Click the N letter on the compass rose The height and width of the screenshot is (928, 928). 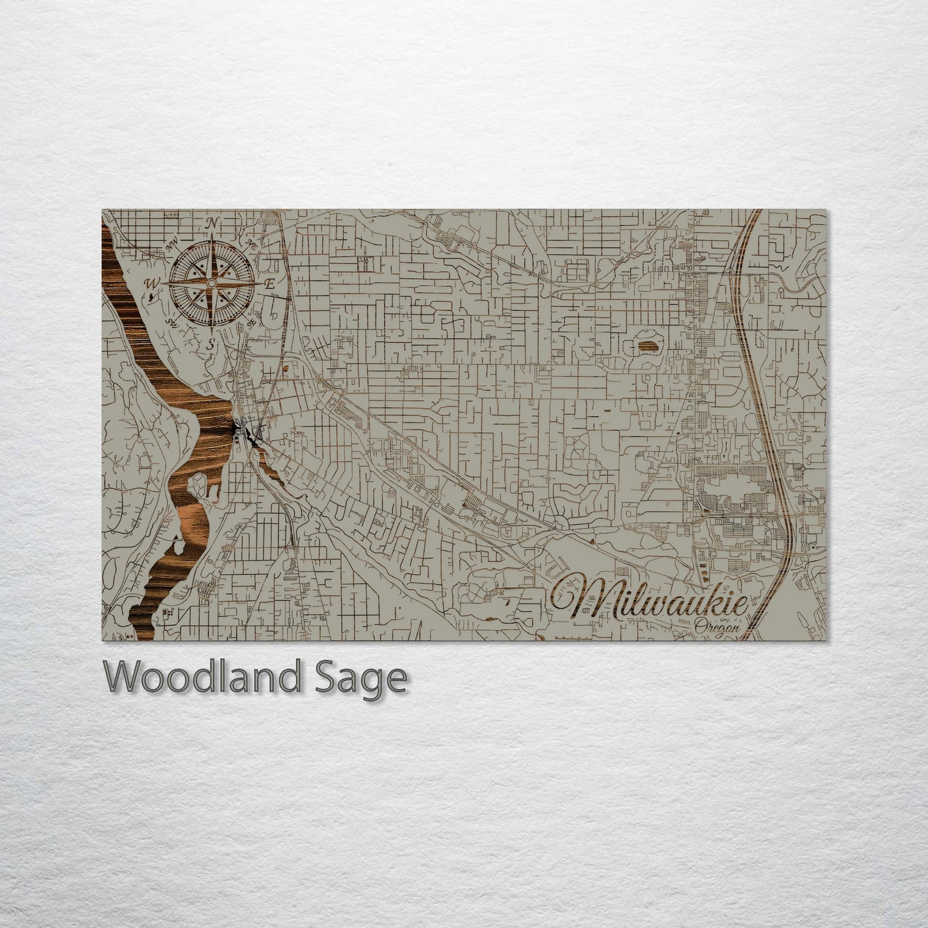211,224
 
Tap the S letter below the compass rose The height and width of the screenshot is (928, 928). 210,344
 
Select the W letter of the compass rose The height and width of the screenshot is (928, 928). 152,283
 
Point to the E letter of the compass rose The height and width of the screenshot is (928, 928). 270,284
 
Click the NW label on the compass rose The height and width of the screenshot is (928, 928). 171,245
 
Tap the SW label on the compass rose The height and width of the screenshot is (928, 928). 171,321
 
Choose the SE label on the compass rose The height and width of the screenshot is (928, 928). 251,322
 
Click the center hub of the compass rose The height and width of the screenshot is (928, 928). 211,283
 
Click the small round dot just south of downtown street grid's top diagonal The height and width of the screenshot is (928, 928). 283,369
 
